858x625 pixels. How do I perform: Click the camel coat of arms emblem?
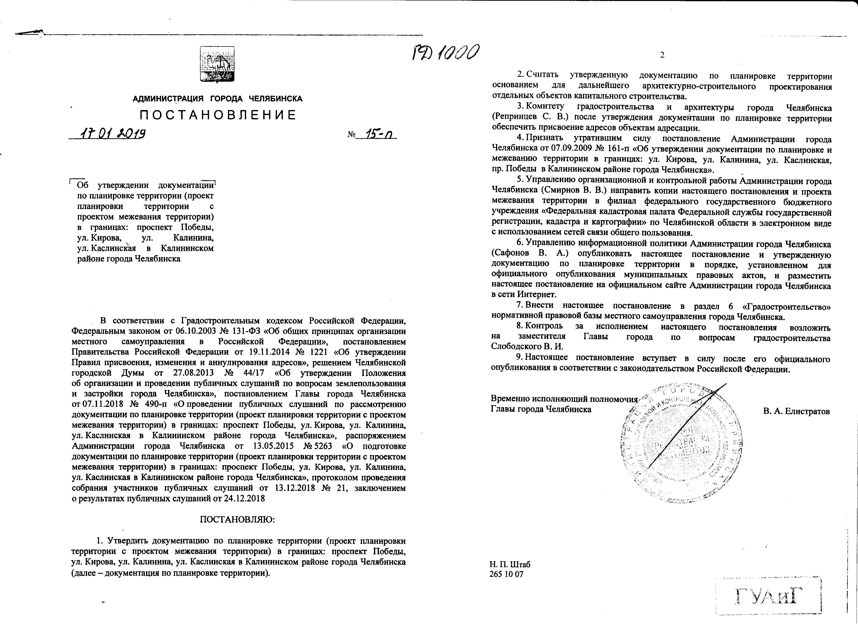[217, 64]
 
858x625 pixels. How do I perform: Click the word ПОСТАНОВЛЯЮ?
[237, 519]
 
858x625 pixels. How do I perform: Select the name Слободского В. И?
[527, 346]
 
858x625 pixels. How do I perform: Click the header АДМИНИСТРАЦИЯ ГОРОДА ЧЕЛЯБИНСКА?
[218, 99]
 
